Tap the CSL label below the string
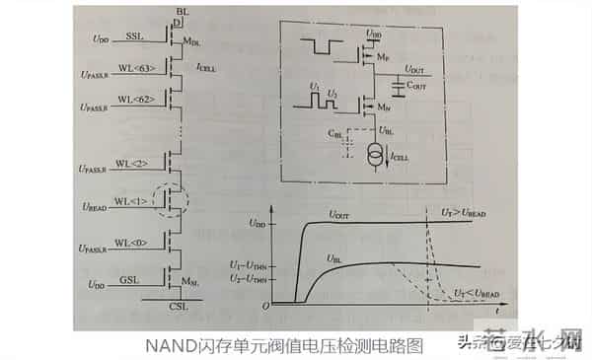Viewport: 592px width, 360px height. (178, 307)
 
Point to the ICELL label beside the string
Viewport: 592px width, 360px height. (206, 68)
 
